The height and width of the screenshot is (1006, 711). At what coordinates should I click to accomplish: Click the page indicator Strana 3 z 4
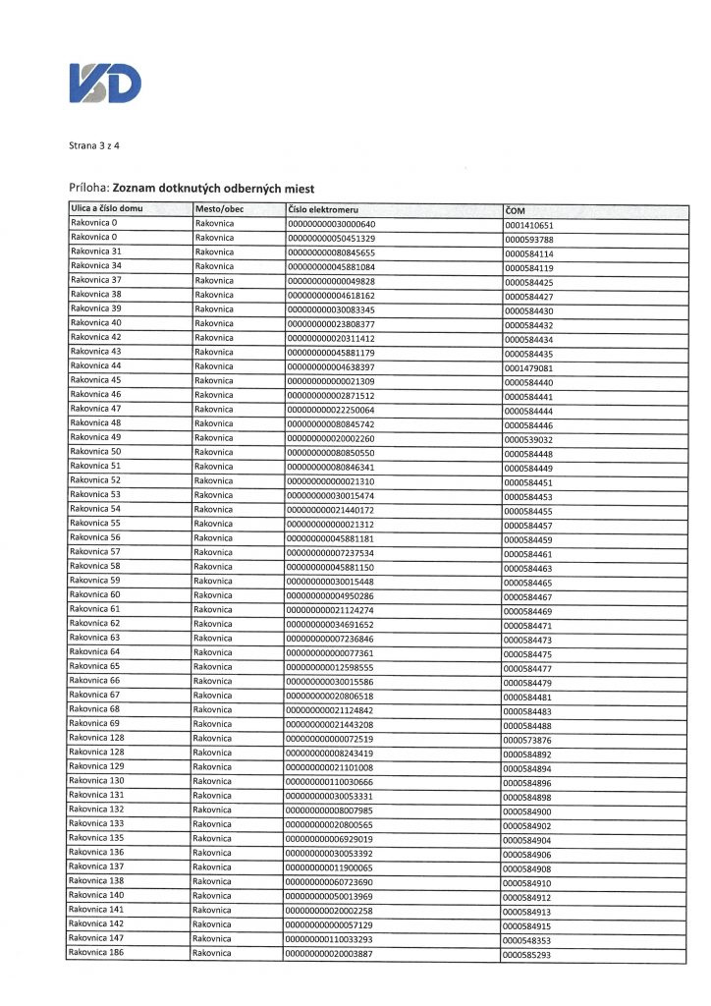pyautogui.click(x=94, y=146)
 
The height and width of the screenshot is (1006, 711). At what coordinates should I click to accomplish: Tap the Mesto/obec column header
pyautogui.click(x=219, y=209)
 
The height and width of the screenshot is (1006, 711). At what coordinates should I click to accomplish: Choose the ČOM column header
pyautogui.click(x=517, y=210)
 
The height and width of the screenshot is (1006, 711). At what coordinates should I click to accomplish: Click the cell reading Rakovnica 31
pyautogui.click(x=96, y=251)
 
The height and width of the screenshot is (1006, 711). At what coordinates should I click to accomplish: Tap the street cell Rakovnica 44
pyautogui.click(x=96, y=364)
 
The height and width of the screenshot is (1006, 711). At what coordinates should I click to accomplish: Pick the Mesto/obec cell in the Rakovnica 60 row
pyautogui.click(x=214, y=595)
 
